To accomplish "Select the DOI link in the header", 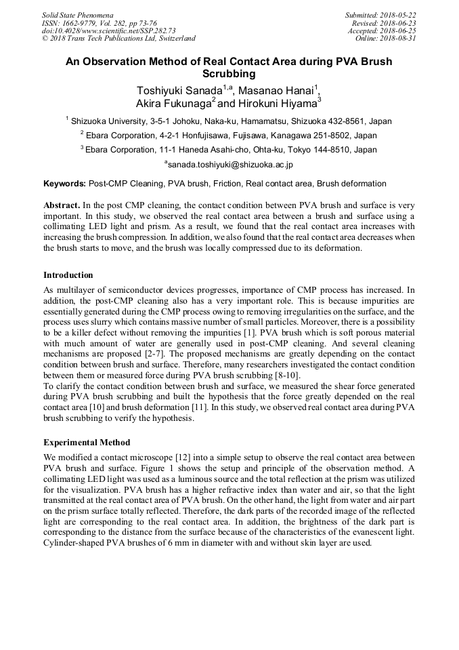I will click(109, 31).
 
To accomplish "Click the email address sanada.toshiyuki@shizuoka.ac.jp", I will click(230, 164).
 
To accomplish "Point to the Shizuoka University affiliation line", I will click(229, 121).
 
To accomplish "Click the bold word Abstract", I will click(62, 205).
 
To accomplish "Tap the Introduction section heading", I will click(68, 275).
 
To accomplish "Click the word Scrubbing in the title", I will click(229, 73).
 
